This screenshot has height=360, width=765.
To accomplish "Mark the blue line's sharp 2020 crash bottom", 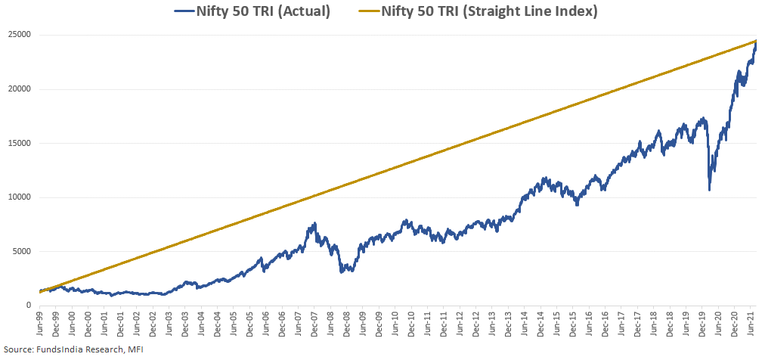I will (709, 189).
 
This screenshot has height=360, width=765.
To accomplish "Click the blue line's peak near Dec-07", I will (314, 224).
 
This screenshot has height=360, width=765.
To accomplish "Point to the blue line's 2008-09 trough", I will (342, 271).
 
